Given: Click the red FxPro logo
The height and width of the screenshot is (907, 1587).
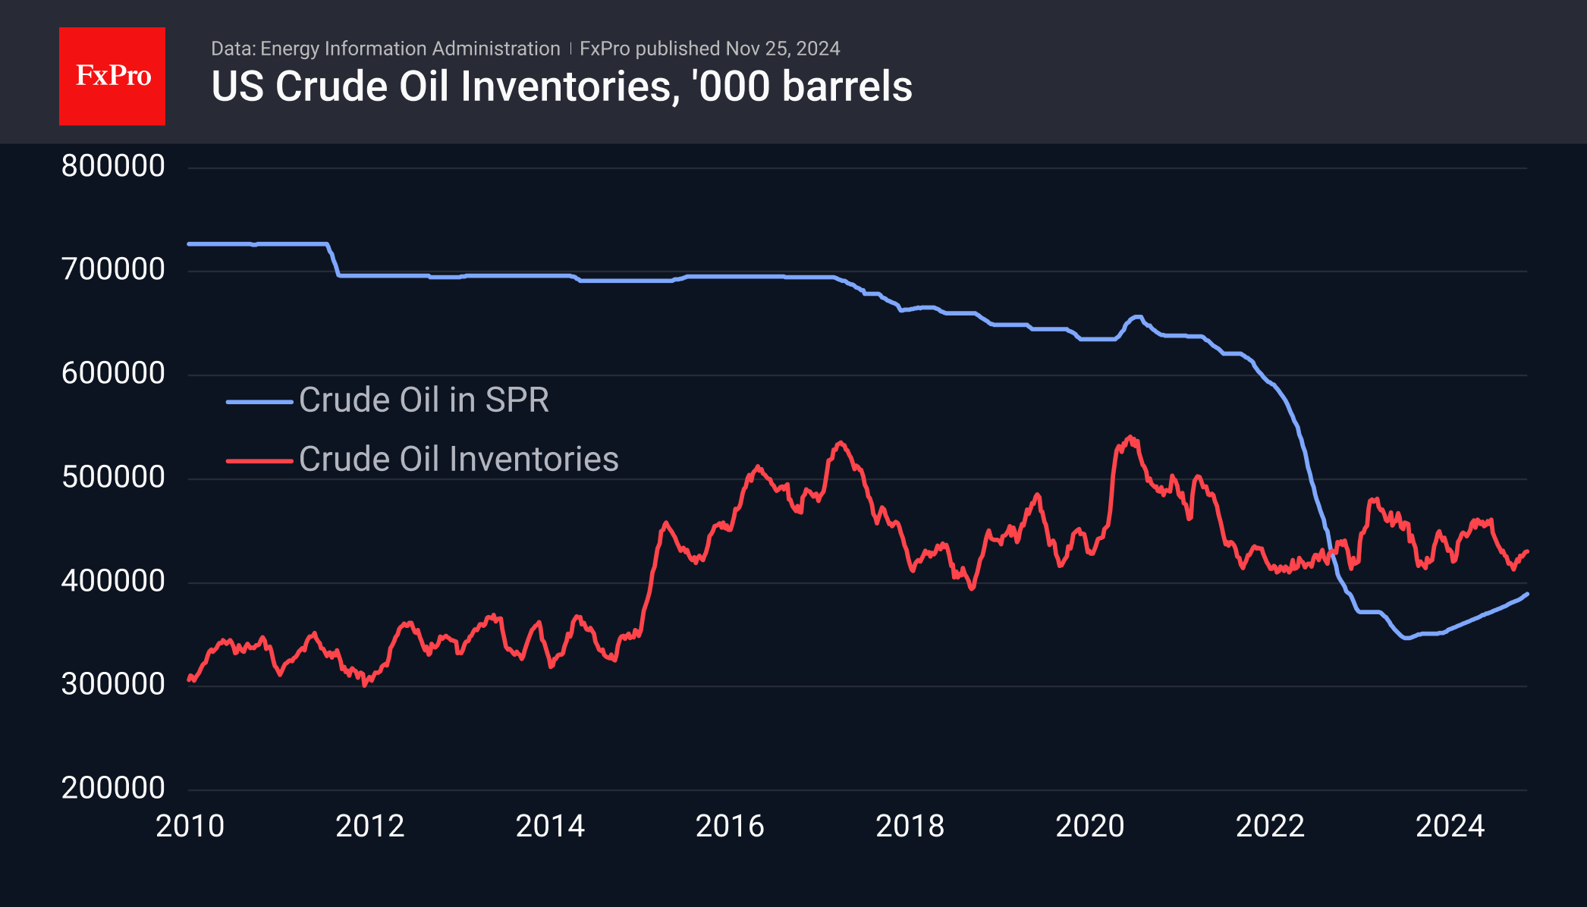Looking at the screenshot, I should tap(112, 76).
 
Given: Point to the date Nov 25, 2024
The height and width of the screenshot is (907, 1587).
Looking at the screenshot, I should tap(782, 49).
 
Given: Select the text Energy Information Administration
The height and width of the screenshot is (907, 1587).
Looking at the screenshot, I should tap(410, 49).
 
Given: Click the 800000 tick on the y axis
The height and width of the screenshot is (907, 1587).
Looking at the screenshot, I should tap(113, 166).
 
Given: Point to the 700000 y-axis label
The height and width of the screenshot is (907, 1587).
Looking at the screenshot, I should tap(113, 269).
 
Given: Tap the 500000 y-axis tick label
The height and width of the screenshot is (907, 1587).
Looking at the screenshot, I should tap(113, 477).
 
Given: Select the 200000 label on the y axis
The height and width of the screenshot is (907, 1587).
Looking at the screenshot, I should tap(113, 788).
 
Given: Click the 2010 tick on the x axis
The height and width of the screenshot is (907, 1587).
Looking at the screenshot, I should tap(190, 826).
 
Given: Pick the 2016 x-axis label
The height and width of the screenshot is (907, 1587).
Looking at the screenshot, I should tap(730, 826).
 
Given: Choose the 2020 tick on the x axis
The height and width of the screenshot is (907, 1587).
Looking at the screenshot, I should tap(1089, 826).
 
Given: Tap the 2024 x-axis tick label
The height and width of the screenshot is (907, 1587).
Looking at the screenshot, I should tap(1450, 826).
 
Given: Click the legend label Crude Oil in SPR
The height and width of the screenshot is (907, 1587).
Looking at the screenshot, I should tap(423, 400).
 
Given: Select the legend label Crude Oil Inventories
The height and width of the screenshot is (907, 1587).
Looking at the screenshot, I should tap(458, 459).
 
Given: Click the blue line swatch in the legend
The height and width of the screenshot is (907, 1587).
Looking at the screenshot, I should tap(259, 401).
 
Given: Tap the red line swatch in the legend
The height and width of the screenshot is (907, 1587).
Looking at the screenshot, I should tap(259, 460).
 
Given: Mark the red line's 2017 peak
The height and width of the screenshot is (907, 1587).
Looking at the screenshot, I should tap(840, 442).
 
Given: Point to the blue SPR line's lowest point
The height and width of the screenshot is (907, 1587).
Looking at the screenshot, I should tap(1407, 638).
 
